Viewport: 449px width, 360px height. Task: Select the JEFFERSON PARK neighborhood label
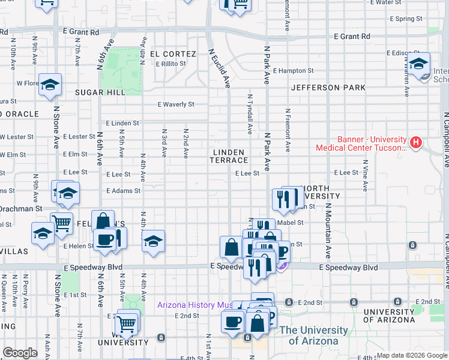coord(328,88)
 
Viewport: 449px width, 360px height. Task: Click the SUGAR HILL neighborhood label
coord(100,92)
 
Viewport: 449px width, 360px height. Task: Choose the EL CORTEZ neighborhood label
coord(173,54)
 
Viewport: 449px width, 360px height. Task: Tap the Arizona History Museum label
coord(194,305)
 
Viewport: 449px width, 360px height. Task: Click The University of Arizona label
coord(313,335)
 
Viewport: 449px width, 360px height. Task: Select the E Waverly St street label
coord(176,104)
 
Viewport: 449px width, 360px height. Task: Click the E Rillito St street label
coord(175,64)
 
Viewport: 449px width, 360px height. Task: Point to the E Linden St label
coord(122,123)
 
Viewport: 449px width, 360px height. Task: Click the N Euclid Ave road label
coord(219,67)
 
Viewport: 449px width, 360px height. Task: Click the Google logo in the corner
coord(20,353)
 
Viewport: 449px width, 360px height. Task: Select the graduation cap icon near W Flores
coord(50,85)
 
